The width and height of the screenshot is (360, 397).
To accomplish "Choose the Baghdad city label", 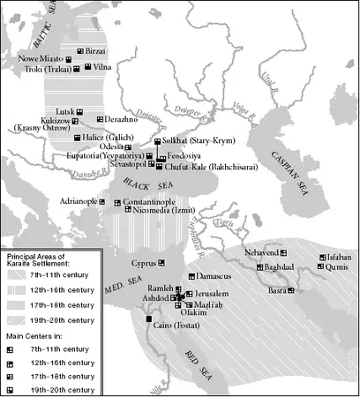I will (x=279, y=266).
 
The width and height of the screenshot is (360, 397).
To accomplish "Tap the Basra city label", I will (x=280, y=290).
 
